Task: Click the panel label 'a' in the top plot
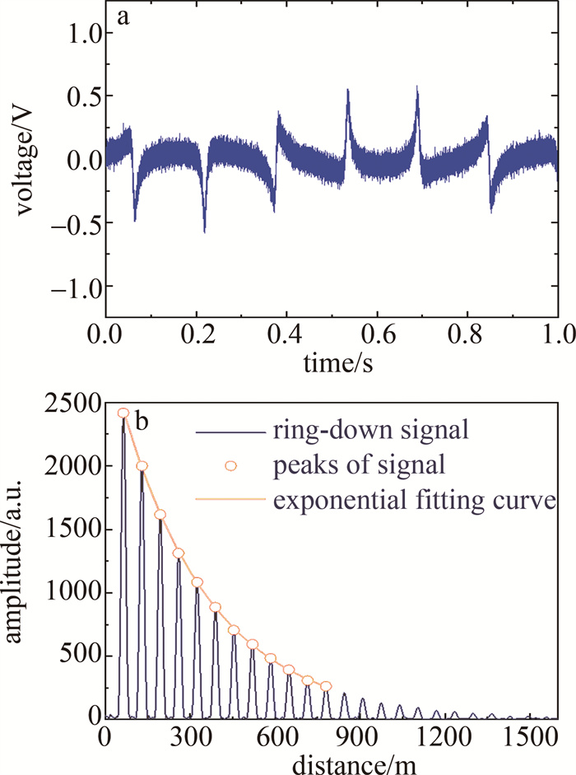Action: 123,18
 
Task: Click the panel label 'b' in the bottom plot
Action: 141,422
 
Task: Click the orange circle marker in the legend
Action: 231,465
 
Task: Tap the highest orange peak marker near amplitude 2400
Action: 123,413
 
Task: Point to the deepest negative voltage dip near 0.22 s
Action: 204,231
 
